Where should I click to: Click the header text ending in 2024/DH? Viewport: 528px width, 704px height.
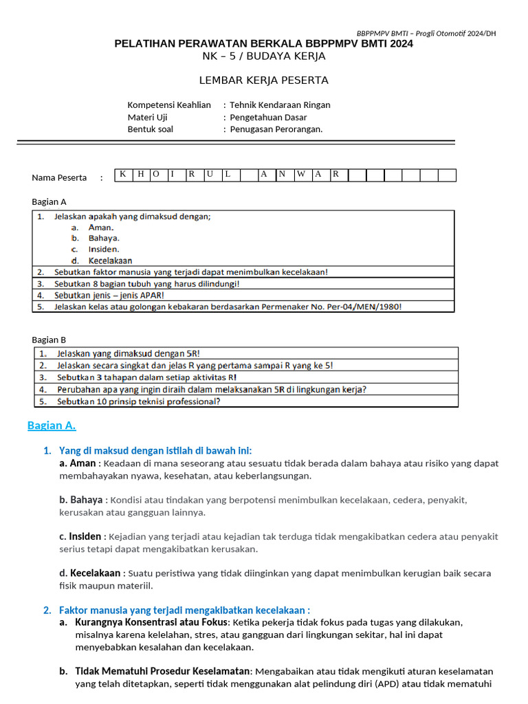coord(426,33)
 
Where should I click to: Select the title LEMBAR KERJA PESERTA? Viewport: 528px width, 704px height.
coord(263,80)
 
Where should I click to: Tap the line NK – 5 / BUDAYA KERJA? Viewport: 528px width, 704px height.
coord(264,56)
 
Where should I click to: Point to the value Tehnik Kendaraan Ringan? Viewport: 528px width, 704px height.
coord(280,105)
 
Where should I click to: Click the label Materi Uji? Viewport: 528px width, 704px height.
coord(147,118)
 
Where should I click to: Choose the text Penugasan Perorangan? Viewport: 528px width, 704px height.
coord(276,129)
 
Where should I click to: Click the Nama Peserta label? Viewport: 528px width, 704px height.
coord(59,177)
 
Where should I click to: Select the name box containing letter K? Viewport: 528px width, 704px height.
coord(122,175)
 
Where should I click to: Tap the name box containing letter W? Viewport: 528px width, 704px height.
coord(301,175)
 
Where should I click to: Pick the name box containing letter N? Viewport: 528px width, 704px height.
coord(283,175)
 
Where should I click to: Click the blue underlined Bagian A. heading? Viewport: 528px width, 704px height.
coord(52,426)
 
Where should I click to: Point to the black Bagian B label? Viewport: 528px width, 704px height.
coord(49,340)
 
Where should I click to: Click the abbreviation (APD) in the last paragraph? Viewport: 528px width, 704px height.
coord(387,683)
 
